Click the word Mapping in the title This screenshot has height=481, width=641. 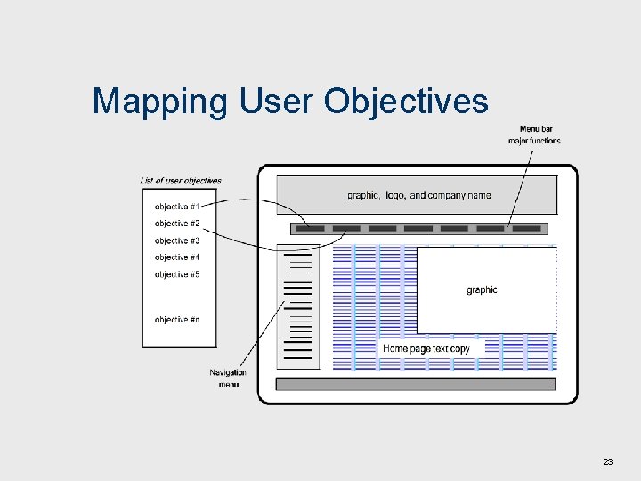coord(160,102)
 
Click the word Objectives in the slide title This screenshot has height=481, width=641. coord(406,102)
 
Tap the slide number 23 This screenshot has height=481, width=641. coord(608,461)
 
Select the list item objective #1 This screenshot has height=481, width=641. coord(177,207)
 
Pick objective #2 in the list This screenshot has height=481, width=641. coord(177,224)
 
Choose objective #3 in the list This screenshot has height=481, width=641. coord(177,240)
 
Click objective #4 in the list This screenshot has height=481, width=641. coord(177,257)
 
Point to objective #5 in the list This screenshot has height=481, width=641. coord(177,274)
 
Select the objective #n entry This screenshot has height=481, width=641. coord(177,319)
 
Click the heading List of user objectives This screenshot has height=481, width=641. coord(181,181)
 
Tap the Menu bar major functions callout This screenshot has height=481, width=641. coord(534,135)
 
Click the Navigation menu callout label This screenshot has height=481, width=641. coord(228,378)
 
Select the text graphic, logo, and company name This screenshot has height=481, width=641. coord(418,195)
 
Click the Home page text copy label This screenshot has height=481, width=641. coord(426,348)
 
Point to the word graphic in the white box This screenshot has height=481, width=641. coord(482,289)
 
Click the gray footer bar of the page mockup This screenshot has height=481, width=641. coord(416,384)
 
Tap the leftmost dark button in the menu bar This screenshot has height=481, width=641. coord(310,229)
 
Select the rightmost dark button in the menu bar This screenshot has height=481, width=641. coord(526,229)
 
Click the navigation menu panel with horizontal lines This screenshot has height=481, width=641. coord(298,307)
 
